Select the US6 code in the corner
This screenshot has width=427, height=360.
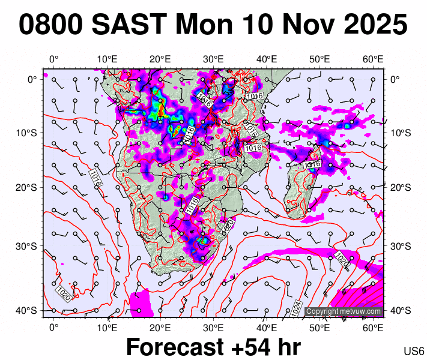tap(414, 351)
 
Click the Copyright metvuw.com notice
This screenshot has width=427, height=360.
tap(344, 311)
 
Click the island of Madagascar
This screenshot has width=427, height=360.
tap(300, 186)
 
